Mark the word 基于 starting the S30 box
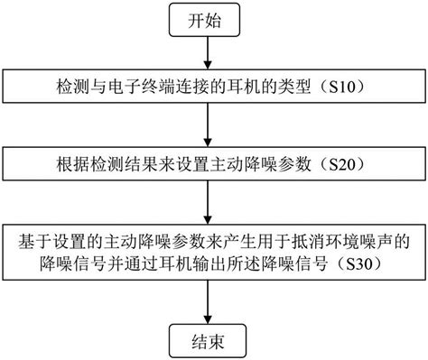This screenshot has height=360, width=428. point(32,242)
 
